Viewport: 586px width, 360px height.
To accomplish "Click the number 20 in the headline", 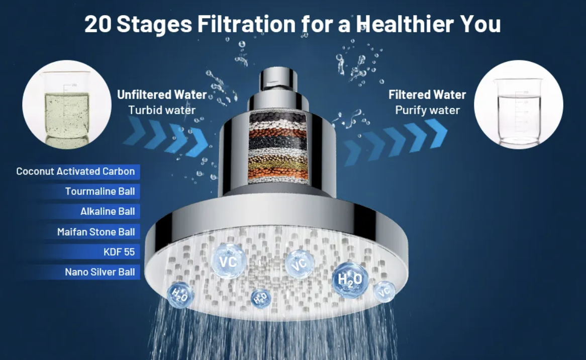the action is coord(98,24).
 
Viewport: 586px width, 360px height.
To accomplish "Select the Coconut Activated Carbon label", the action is coord(75,171).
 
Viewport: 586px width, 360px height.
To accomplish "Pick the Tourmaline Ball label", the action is coord(100,192).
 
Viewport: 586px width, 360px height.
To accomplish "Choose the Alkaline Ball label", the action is coord(108,211).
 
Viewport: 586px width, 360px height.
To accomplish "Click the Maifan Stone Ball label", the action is coord(96,232).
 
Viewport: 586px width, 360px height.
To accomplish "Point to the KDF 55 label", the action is coord(119,251).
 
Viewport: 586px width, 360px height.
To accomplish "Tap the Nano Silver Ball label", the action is coord(100,272).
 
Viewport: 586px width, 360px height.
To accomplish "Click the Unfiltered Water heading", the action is coord(162,95).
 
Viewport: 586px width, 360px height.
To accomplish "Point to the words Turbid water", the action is coord(162,110).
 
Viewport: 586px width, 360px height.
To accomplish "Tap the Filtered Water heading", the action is coord(427,95).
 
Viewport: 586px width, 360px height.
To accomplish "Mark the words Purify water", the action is coord(427,110).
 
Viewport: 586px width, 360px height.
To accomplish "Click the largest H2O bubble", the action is coord(350,280).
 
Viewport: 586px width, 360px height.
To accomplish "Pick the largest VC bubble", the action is coord(228,261).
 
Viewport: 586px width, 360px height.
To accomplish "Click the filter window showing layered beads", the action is coord(278,148).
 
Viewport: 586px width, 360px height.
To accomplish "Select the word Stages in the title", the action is coord(154,25).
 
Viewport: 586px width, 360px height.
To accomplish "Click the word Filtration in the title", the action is coord(247,24).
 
